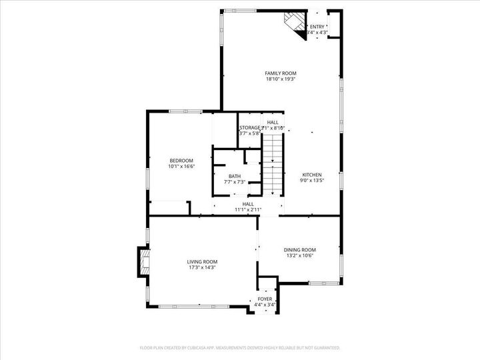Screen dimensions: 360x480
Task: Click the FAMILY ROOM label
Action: [280, 73]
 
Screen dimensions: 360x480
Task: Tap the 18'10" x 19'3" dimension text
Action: [280, 79]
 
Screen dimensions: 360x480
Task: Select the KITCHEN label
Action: [311, 175]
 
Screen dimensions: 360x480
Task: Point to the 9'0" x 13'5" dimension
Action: [311, 181]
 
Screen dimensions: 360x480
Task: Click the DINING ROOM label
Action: [299, 249]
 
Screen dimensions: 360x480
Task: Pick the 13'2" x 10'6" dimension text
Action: [299, 255]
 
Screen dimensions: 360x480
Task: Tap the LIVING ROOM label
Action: [201, 262]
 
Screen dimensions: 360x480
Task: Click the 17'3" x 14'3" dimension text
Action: [201, 268]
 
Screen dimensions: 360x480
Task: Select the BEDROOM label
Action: [181, 161]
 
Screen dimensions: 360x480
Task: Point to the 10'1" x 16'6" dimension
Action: [181, 167]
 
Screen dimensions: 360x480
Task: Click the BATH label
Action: [235, 176]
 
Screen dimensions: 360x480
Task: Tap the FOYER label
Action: [265, 299]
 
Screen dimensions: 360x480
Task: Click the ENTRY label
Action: [317, 27]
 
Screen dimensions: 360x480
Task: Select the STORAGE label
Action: [250, 127]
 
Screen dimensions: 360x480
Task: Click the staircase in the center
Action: [272, 163]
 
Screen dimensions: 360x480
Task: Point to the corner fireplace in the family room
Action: [294, 24]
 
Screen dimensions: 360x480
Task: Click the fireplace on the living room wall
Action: [143, 262]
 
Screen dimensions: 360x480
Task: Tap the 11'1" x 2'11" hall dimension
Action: [248, 210]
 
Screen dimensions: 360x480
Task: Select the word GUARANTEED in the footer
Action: [325, 348]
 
